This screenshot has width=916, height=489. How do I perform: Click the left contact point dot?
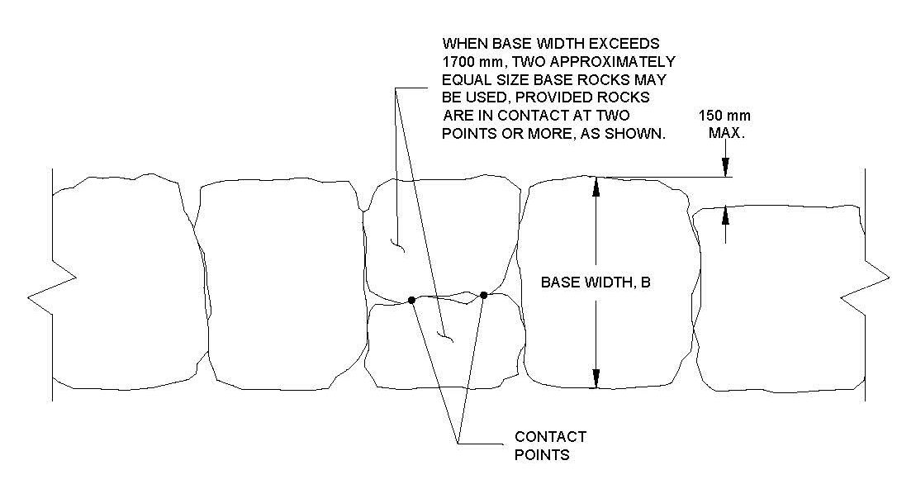point(411,300)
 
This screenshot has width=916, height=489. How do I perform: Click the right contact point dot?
point(484,295)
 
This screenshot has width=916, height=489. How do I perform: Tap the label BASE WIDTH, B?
point(596,282)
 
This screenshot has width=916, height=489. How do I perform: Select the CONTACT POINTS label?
point(550,446)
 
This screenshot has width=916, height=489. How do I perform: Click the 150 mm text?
point(724,116)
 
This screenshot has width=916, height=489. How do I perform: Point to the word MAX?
point(727,133)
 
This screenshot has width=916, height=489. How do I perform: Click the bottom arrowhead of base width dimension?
point(596,378)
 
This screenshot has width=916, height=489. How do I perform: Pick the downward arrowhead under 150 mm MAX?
point(725,168)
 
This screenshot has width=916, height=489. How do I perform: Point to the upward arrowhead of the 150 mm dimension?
point(725,216)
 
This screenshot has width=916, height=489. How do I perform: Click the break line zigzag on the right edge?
point(865,287)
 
